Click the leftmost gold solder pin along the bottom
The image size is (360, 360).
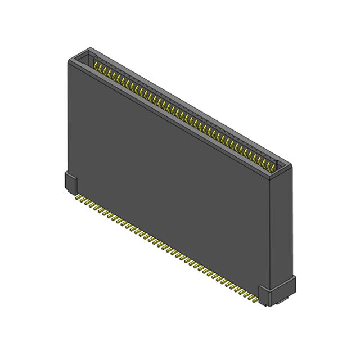point(78,197)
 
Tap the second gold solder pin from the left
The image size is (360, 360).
point(83,200)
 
